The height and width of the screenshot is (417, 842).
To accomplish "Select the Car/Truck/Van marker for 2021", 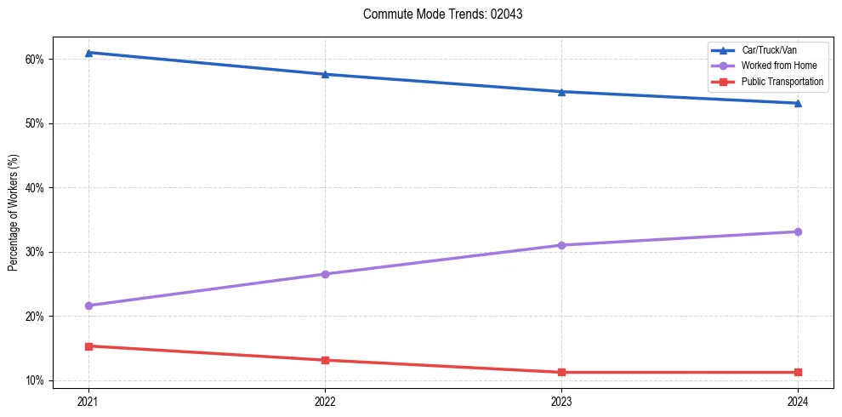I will point(88,53).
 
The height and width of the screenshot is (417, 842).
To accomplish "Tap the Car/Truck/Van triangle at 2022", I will point(325,74).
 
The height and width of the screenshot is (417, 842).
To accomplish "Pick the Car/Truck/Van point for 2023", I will point(561,91).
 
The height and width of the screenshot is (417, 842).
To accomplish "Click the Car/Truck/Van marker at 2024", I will point(798,103).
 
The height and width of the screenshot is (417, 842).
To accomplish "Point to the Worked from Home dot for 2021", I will point(88,306).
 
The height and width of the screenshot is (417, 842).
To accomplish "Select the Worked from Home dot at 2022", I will point(325,274).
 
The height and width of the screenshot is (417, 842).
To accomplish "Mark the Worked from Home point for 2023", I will point(561,245).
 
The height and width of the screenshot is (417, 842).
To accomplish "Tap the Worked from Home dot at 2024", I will point(798,231).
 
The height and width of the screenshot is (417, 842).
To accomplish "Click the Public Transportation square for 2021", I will point(88,346).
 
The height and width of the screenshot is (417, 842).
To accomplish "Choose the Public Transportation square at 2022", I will point(325,360).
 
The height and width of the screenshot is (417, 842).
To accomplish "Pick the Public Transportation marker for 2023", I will point(561,372).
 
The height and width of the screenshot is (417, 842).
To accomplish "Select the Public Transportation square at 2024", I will point(798,372).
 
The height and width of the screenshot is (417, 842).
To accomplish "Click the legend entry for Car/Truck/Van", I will point(769,50).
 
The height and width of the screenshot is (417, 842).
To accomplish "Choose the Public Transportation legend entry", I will point(782,82).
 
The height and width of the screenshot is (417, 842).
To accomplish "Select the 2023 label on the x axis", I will point(561,400).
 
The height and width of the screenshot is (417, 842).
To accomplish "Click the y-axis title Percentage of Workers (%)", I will point(14,212).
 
